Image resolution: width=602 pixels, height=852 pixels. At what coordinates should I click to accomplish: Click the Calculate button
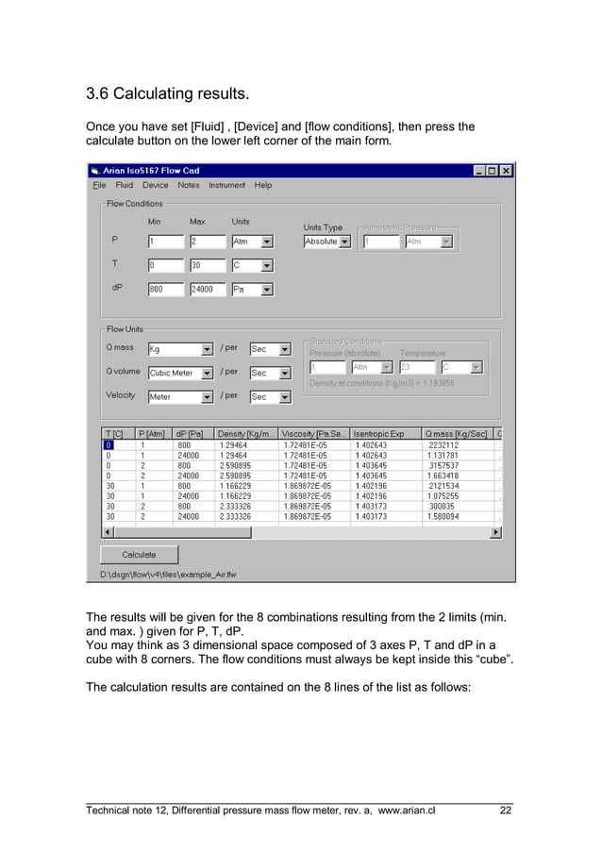pyautogui.click(x=139, y=554)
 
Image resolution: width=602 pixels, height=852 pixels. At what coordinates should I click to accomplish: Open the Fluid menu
pyautogui.click(x=124, y=185)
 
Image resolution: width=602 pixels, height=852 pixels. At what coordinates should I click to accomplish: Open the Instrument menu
pyautogui.click(x=226, y=185)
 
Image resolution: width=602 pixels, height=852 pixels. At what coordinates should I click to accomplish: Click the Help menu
pyautogui.click(x=262, y=185)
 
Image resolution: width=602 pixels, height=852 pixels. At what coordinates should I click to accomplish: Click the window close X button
pyautogui.click(x=506, y=171)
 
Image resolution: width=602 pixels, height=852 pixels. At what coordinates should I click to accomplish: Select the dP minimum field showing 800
pyautogui.click(x=165, y=290)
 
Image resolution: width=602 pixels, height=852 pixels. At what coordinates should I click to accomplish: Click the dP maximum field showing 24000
pyautogui.click(x=208, y=290)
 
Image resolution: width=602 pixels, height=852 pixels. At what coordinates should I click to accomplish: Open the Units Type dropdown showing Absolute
pyautogui.click(x=326, y=242)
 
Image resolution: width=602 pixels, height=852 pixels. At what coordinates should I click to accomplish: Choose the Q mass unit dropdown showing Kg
pyautogui.click(x=180, y=349)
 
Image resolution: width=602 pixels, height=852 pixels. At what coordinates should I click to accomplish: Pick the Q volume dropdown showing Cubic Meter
pyautogui.click(x=180, y=373)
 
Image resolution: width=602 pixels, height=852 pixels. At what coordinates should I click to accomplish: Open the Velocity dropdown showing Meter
pyautogui.click(x=180, y=396)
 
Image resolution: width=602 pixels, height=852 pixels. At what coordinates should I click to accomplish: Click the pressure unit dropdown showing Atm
pyautogui.click(x=252, y=241)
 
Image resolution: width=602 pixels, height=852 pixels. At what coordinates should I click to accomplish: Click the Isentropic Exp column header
pyautogui.click(x=385, y=433)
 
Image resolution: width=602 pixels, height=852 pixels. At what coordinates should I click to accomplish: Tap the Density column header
pyautogui.click(x=246, y=433)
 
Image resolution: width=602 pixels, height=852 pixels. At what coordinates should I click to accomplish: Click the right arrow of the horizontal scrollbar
pyautogui.click(x=496, y=532)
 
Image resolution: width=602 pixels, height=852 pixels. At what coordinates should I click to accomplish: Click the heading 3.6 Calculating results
pyautogui.click(x=168, y=94)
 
